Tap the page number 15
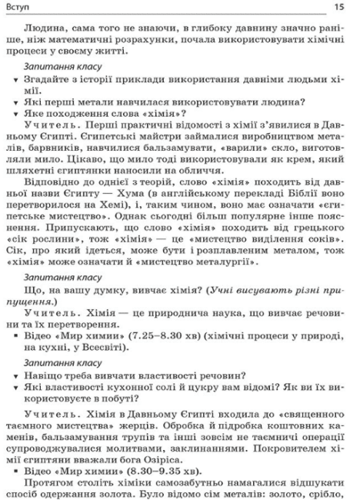[343, 8]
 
